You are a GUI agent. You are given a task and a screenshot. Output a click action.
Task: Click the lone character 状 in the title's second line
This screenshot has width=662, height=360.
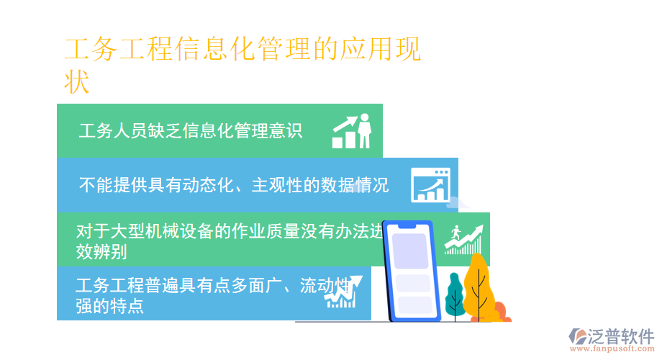(x=77, y=81)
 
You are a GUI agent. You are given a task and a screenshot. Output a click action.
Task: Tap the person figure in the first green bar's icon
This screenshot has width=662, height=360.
(x=365, y=130)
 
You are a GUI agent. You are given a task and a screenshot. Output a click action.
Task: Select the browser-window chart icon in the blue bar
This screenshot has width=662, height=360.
(x=430, y=185)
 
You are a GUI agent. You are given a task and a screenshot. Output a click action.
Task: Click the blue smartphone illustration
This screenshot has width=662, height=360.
(x=412, y=270)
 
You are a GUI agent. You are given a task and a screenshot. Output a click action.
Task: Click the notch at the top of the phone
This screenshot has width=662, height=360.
(x=407, y=225)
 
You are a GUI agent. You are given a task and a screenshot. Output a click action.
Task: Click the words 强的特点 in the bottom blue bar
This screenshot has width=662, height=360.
(x=109, y=305)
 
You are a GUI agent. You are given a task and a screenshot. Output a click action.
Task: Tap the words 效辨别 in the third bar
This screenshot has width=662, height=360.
(x=101, y=251)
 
